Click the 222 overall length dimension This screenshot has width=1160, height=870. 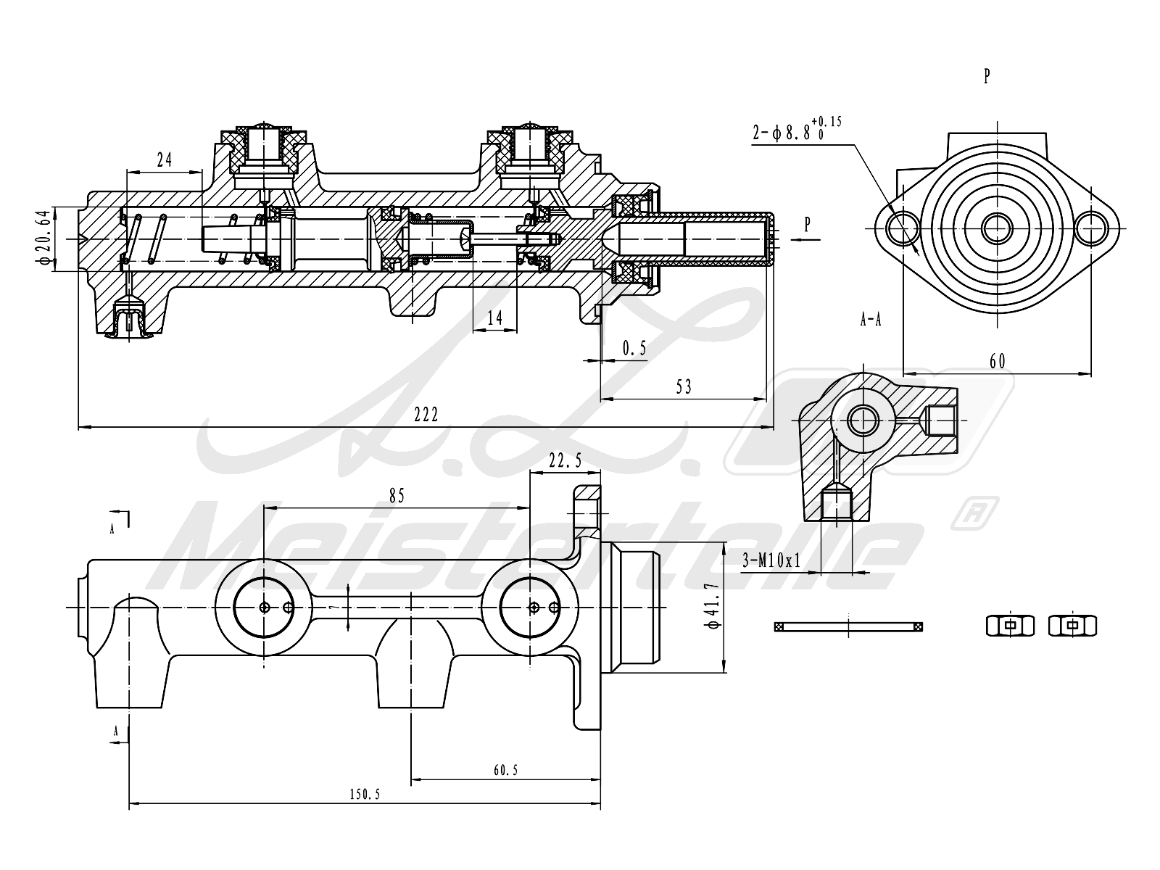(426, 414)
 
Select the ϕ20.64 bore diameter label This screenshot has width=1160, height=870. (44, 238)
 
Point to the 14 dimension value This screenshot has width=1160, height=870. (494, 318)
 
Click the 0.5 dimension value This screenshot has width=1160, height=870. (634, 349)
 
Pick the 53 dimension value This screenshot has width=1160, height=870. (683, 386)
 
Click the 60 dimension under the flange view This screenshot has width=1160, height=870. (998, 360)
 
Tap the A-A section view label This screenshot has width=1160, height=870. (870, 320)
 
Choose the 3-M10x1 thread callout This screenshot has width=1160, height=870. (771, 560)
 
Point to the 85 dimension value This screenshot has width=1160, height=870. (397, 496)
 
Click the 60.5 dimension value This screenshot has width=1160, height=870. (505, 770)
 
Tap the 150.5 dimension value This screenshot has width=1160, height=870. (364, 794)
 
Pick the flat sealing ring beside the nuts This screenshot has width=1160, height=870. (849, 626)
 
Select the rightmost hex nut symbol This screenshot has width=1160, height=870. (1072, 625)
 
